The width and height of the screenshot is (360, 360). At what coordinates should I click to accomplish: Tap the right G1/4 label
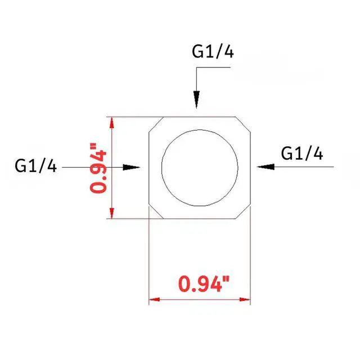click(302, 154)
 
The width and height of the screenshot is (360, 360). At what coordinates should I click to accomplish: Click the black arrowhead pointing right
click(132, 167)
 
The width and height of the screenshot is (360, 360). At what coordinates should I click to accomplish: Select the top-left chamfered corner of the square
click(156, 124)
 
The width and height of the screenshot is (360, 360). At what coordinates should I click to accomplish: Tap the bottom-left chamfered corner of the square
click(156, 212)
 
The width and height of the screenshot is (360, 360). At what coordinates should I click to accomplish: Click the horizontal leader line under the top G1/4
click(214, 67)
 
